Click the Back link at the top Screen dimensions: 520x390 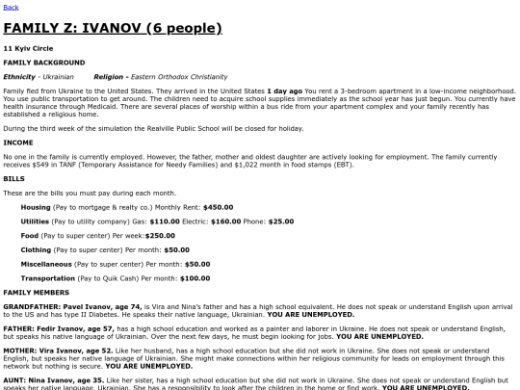point(11,7)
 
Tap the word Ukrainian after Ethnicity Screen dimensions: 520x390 point(62,75)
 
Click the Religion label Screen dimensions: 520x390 point(112,75)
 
